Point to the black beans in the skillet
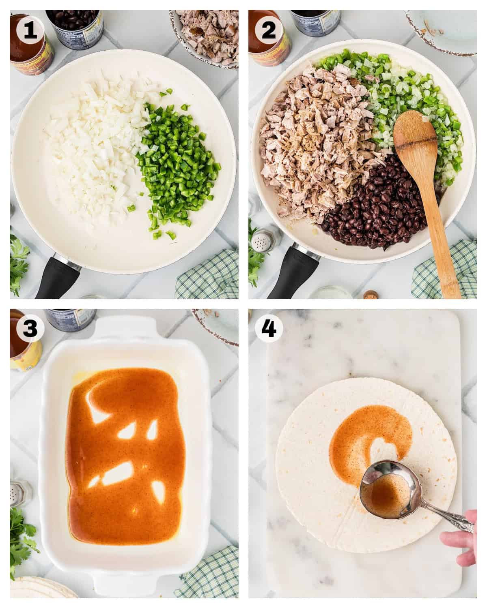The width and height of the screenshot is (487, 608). (365, 215)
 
